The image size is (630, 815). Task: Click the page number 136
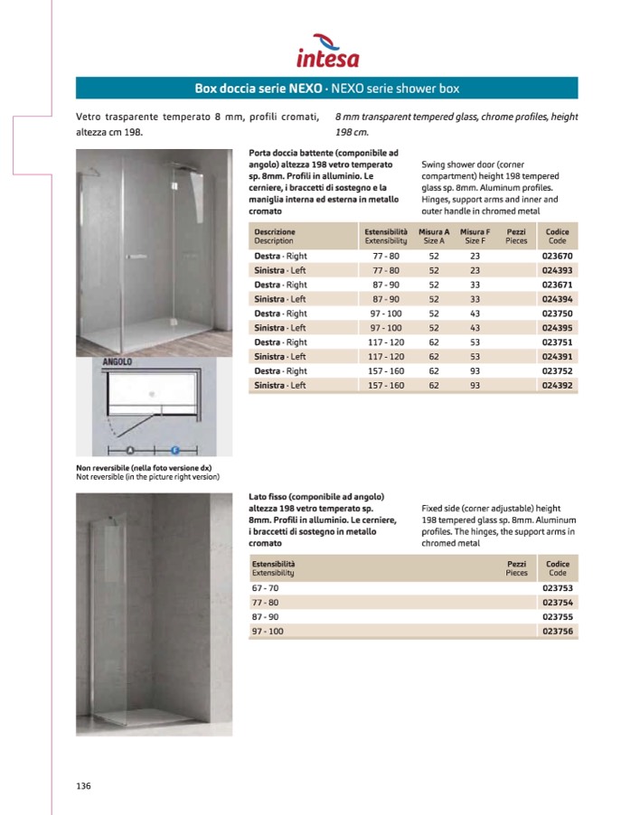tap(83, 785)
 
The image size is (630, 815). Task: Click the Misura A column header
tap(434, 237)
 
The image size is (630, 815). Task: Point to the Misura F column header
tap(475, 237)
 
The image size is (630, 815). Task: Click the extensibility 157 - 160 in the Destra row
tap(386, 371)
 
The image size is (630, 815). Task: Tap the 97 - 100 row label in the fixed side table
tap(268, 631)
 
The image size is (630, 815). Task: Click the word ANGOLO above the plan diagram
tap(118, 361)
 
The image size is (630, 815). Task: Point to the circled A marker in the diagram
tap(130, 448)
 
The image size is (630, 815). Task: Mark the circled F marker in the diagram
tap(175, 448)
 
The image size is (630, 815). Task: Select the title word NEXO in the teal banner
tap(308, 89)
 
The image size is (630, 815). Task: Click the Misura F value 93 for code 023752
tap(475, 371)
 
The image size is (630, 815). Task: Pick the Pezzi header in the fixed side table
tap(516, 567)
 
